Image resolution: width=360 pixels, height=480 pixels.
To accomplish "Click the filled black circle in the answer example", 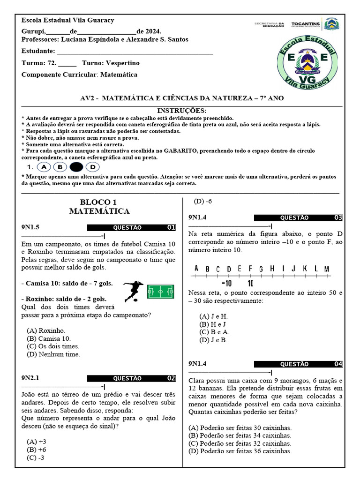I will click(x=76, y=167).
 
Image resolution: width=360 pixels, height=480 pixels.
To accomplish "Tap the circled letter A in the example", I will click(x=44, y=167).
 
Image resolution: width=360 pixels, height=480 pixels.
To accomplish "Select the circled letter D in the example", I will click(x=93, y=167).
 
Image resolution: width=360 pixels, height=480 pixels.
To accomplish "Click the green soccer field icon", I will click(x=160, y=292).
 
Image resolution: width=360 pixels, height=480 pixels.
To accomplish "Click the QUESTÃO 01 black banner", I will click(x=131, y=228).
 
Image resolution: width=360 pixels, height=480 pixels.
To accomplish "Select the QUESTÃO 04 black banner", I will click(x=298, y=364).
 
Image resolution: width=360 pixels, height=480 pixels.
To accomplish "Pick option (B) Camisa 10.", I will click(x=49, y=338).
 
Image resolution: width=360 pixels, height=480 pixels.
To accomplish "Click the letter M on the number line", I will click(x=326, y=269).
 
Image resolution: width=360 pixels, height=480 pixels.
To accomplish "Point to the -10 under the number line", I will click(x=226, y=283).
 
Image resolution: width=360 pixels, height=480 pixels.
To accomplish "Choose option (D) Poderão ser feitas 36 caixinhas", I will click(x=240, y=451).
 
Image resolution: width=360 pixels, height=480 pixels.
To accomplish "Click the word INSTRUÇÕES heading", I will click(x=181, y=111).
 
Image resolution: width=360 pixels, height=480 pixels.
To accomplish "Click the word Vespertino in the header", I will click(x=122, y=63).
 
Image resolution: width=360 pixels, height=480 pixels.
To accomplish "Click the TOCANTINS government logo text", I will click(x=305, y=23).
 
